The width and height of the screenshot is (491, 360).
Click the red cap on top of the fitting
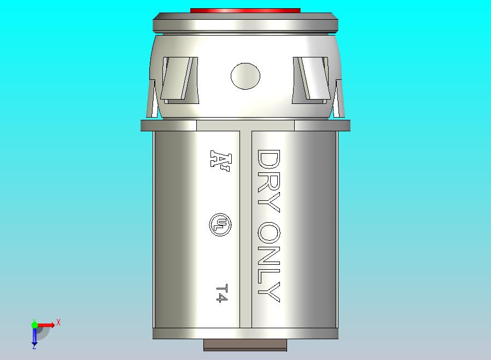[245, 10]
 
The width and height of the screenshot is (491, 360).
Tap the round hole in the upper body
[245, 76]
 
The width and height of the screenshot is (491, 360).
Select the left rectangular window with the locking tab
[179, 80]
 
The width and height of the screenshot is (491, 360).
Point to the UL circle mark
[220, 224]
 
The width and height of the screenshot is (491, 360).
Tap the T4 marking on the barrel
[220, 293]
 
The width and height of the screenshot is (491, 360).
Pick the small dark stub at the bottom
[245, 345]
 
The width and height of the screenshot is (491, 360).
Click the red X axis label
[59, 322]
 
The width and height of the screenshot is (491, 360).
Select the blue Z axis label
[34, 346]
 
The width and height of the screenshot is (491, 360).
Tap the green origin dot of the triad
[34, 325]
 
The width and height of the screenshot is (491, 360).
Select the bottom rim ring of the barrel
[245, 333]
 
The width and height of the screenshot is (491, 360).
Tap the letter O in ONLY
[268, 233]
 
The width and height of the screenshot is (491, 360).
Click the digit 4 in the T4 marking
[220, 298]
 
